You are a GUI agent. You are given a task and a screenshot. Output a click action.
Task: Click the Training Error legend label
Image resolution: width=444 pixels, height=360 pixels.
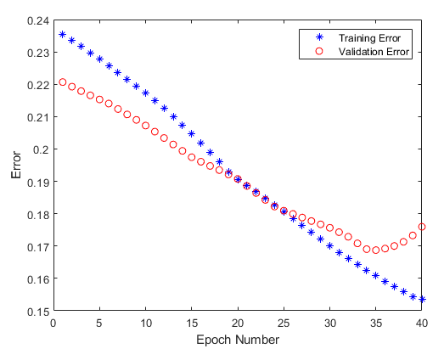click(x=368, y=38)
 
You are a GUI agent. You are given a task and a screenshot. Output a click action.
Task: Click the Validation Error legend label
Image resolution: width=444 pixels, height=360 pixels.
click(x=374, y=53)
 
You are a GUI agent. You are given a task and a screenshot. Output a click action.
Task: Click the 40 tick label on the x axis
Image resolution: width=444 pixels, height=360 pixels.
click(x=422, y=323)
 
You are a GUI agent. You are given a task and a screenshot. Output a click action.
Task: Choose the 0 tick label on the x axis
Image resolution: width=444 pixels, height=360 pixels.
click(x=53, y=323)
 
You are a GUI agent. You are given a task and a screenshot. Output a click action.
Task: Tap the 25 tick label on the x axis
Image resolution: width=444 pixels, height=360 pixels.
click(x=284, y=323)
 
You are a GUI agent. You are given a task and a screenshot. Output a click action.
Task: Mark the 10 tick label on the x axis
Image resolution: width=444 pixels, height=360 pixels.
click(x=145, y=323)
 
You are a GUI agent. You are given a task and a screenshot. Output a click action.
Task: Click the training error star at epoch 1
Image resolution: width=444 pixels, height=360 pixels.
click(x=62, y=35)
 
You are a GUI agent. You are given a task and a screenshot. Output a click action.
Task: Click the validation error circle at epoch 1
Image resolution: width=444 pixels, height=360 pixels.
click(x=62, y=82)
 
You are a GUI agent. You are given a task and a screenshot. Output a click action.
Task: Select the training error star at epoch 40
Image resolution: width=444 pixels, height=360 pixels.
click(x=422, y=300)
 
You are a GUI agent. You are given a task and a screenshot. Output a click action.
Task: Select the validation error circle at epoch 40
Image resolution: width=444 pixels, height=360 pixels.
click(x=422, y=228)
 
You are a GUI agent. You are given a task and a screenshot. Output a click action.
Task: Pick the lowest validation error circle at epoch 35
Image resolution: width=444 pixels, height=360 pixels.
click(x=376, y=250)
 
